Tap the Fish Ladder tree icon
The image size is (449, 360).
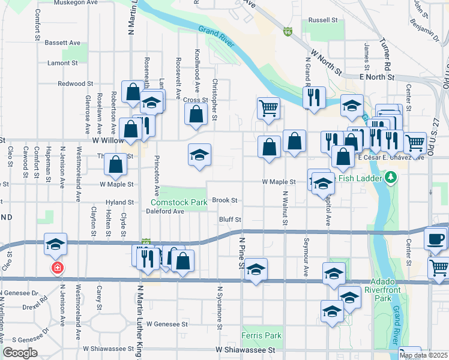[391, 178]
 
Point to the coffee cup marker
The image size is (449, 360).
[436, 239]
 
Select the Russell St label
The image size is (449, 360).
[322, 20]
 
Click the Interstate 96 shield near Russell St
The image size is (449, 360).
[289, 32]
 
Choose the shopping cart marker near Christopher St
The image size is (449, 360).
[268, 109]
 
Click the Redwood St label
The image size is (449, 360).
[76, 84]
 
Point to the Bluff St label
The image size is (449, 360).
[229, 220]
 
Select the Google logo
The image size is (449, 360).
[20, 353]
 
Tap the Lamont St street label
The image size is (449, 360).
[63, 62]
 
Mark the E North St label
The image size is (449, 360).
[376, 77]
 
